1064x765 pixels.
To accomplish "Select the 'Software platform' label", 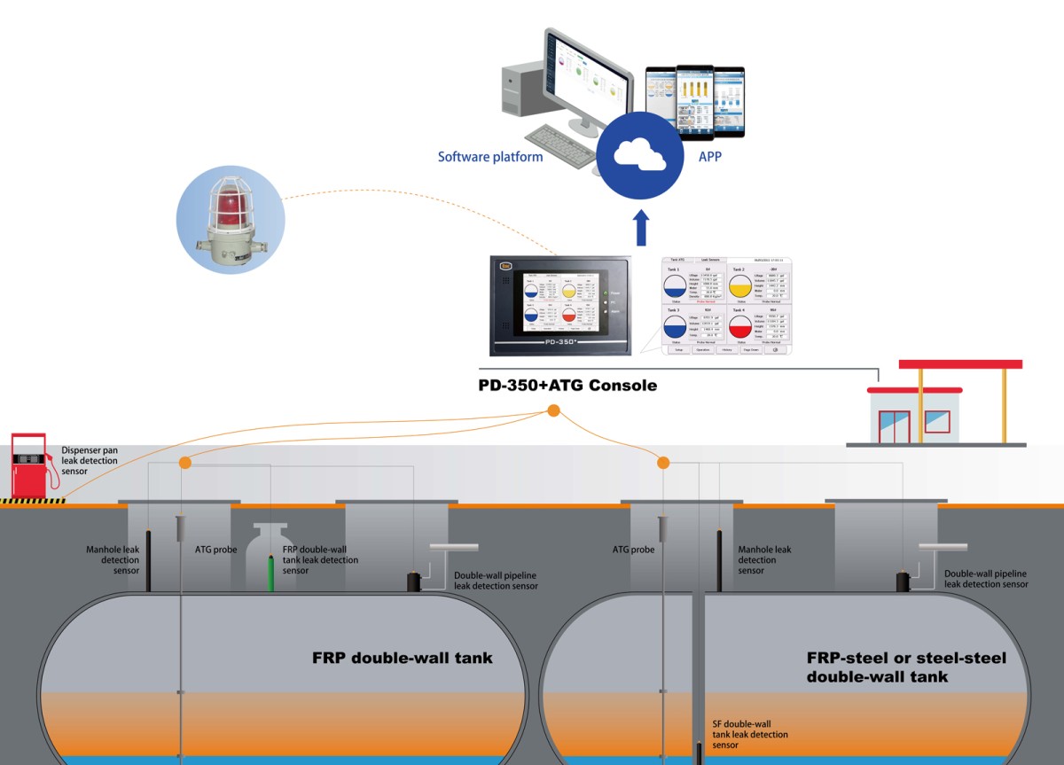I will (x=490, y=157).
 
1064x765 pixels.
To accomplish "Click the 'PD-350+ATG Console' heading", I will (x=567, y=386).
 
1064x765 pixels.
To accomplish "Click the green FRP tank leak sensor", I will (x=273, y=571).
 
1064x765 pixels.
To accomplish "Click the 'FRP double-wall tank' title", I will (x=402, y=659).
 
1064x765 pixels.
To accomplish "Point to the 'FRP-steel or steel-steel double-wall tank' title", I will (x=906, y=667).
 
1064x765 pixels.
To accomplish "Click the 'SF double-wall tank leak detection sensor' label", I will (x=750, y=735).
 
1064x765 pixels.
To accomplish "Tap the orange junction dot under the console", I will (x=553, y=410).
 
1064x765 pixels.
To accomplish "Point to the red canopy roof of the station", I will (x=960, y=364).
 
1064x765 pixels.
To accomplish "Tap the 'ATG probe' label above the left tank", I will (x=215, y=550).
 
